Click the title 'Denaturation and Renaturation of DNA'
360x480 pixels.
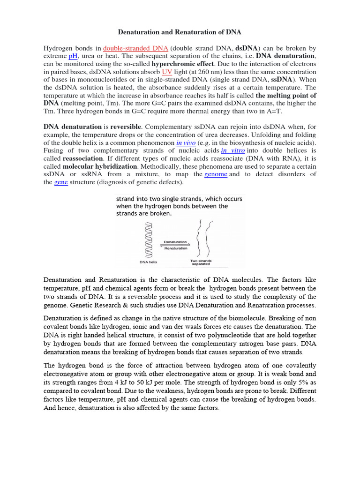(180, 32)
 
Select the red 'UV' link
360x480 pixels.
(167, 72)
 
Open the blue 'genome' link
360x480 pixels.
(216, 174)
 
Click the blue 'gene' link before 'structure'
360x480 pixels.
(61, 182)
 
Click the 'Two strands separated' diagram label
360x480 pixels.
(200, 262)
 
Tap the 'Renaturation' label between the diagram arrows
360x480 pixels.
(175, 248)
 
